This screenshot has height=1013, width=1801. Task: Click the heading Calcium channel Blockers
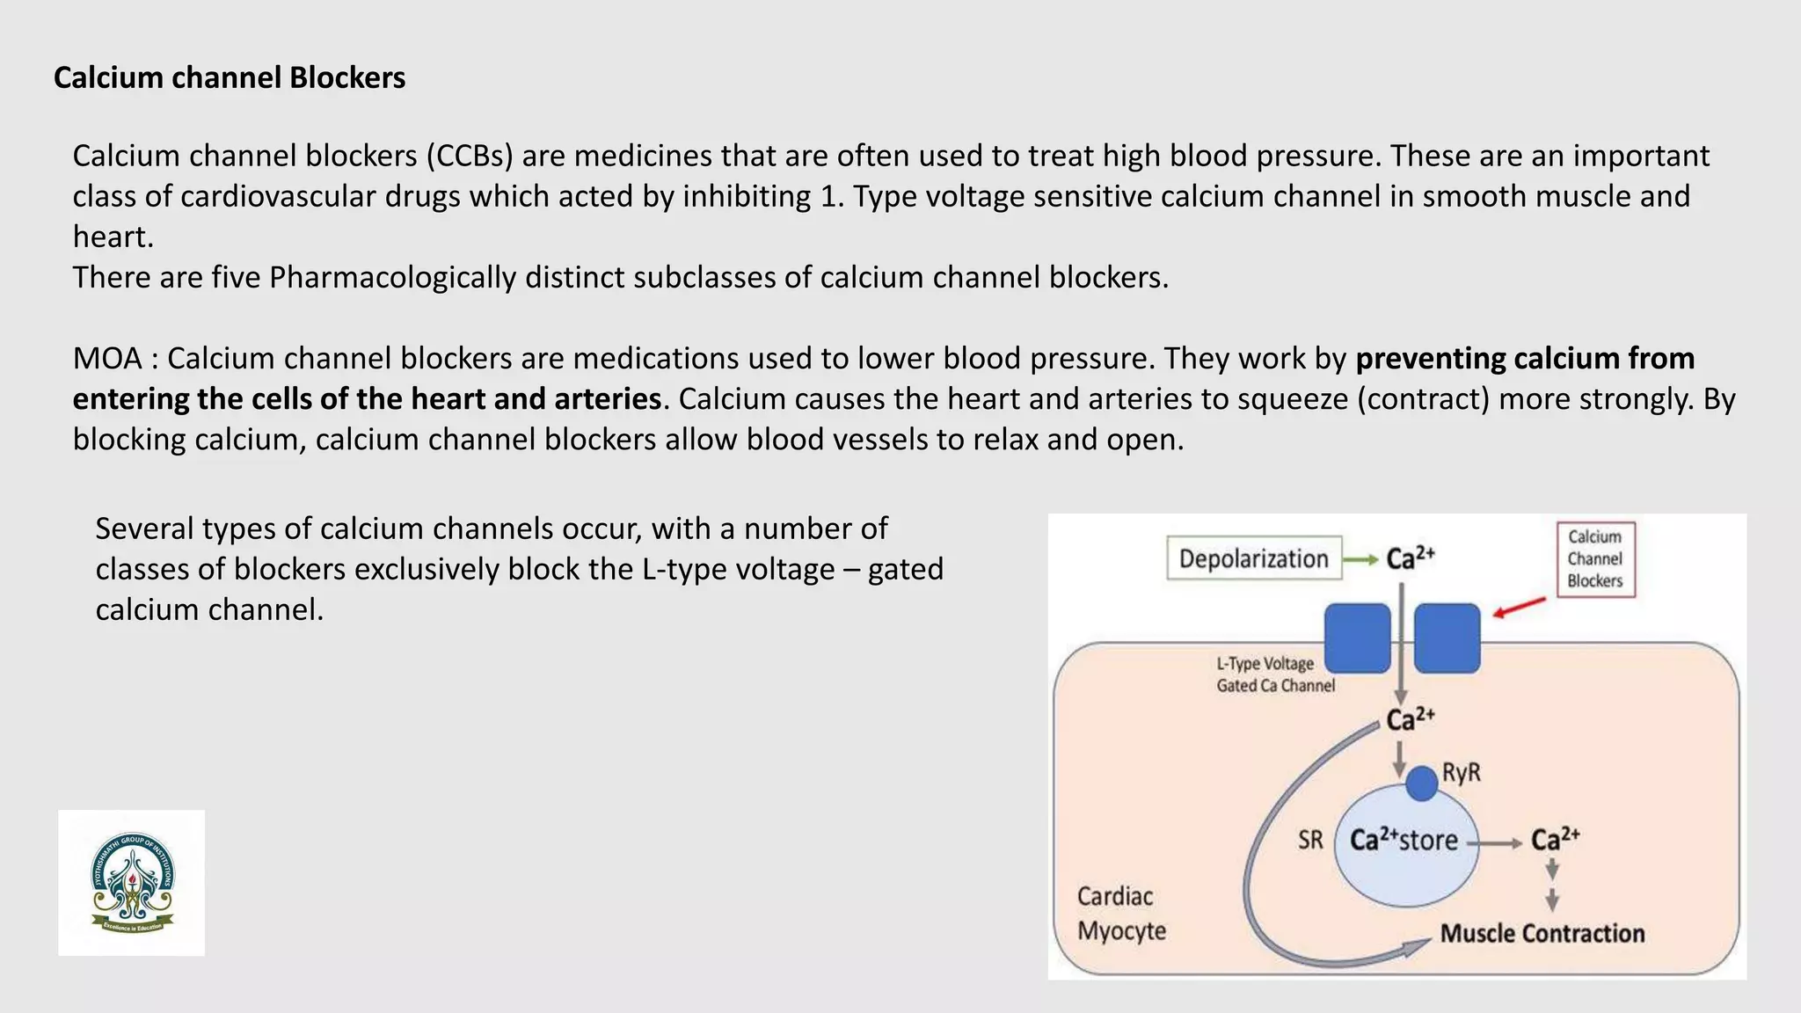pyautogui.click(x=230, y=77)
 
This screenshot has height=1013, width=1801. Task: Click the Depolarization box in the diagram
pyautogui.click(x=1253, y=558)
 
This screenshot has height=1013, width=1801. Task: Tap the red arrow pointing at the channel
pyautogui.click(x=1519, y=608)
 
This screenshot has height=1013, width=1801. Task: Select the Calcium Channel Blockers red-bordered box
pyautogui.click(x=1594, y=559)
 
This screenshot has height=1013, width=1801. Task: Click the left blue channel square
pyautogui.click(x=1357, y=638)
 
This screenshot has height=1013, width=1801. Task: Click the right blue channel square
pyautogui.click(x=1447, y=638)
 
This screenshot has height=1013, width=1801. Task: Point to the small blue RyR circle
pyautogui.click(x=1421, y=783)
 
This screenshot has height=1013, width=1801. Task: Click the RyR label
pyautogui.click(x=1462, y=773)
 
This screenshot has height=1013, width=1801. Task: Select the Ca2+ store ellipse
pyautogui.click(x=1405, y=844)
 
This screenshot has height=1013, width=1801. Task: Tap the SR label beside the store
pyautogui.click(x=1310, y=840)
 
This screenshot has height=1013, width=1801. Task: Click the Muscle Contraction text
pyautogui.click(x=1542, y=933)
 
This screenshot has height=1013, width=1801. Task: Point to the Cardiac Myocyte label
pyautogui.click(x=1121, y=913)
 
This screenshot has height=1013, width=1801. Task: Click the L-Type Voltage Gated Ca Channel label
pyautogui.click(x=1274, y=674)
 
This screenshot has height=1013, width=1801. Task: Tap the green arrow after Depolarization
pyautogui.click(x=1361, y=559)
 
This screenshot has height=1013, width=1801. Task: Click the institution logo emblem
pyautogui.click(x=132, y=883)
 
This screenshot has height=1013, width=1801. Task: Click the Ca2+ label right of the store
pyautogui.click(x=1555, y=839)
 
